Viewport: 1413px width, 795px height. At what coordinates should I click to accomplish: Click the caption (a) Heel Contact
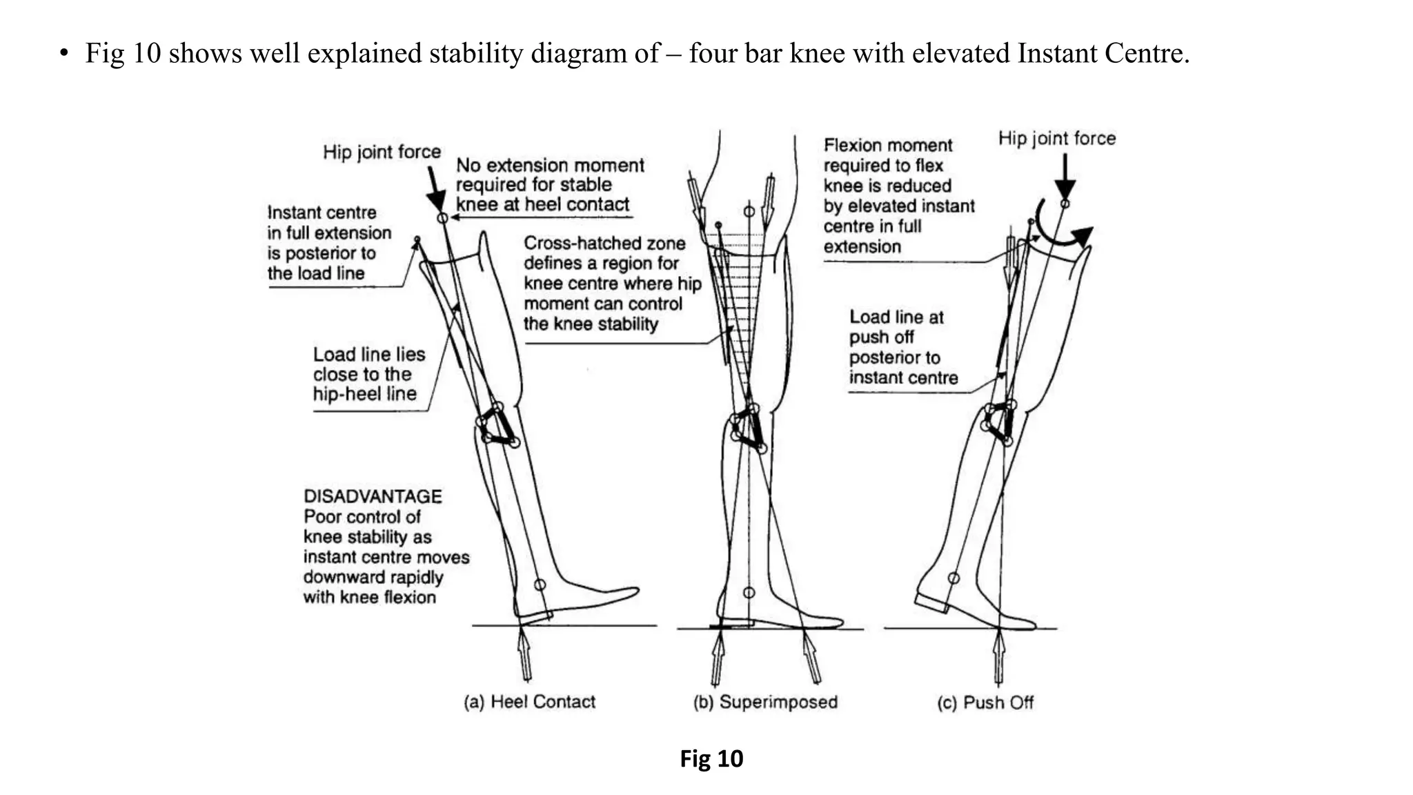pyautogui.click(x=529, y=702)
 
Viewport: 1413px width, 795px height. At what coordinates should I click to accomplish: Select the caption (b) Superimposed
pyautogui.click(x=765, y=702)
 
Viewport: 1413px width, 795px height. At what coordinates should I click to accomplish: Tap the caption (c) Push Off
pyautogui.click(x=985, y=703)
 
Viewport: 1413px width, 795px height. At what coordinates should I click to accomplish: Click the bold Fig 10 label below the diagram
pyautogui.click(x=711, y=759)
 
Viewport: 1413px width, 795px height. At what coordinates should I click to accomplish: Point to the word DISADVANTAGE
pyautogui.click(x=373, y=496)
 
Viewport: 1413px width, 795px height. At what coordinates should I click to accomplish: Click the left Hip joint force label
pyautogui.click(x=382, y=152)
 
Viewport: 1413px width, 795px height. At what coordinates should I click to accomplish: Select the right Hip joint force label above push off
pyautogui.click(x=1056, y=138)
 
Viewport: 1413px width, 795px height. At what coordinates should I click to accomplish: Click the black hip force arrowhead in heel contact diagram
pyautogui.click(x=436, y=200)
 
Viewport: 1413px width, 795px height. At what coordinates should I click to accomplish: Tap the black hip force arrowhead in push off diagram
pyautogui.click(x=1065, y=188)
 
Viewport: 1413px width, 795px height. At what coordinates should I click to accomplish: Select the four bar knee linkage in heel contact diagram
pyautogui.click(x=498, y=424)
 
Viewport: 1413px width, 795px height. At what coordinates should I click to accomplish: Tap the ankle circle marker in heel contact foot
pyautogui.click(x=540, y=585)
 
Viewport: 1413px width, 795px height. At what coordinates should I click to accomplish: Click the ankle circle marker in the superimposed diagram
pyautogui.click(x=749, y=592)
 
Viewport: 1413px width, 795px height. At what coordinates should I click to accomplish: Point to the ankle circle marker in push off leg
pyautogui.click(x=953, y=577)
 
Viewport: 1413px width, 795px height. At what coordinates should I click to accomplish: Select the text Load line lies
pyautogui.click(x=369, y=354)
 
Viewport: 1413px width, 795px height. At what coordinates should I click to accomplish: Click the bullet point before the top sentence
pyautogui.click(x=64, y=54)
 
